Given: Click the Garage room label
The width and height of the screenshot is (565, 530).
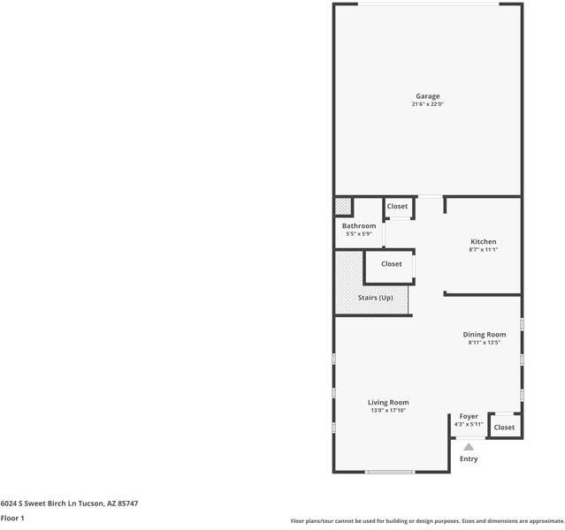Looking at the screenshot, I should click(x=428, y=96).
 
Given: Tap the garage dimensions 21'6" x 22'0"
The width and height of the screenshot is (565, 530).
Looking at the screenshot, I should click(x=428, y=104).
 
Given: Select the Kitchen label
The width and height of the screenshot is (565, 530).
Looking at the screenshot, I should click(x=483, y=241).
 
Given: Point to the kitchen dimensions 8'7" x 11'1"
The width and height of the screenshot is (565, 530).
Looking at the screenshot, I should click(x=483, y=250).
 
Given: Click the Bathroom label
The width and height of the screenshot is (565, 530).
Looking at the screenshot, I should click(x=359, y=226).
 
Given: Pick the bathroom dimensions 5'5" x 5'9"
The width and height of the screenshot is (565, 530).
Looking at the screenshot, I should click(x=359, y=234).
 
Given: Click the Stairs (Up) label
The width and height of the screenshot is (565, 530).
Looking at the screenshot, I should click(x=375, y=298).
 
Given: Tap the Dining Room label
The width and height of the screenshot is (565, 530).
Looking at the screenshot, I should click(x=485, y=334).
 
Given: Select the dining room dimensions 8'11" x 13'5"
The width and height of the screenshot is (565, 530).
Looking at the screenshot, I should click(x=485, y=343).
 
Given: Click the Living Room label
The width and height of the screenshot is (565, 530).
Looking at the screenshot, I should click(x=388, y=402).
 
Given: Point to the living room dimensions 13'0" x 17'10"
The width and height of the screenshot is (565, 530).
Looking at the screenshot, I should click(x=388, y=411).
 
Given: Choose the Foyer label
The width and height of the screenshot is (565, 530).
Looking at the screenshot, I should click(x=469, y=416).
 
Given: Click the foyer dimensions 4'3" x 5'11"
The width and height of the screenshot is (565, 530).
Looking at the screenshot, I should click(x=469, y=425).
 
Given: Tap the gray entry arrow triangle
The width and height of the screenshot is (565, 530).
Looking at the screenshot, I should click(x=469, y=447).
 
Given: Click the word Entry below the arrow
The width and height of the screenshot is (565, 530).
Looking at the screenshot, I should click(x=469, y=458).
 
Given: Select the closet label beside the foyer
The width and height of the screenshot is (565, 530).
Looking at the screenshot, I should click(x=504, y=428).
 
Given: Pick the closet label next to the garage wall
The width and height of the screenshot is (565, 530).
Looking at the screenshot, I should click(x=398, y=207).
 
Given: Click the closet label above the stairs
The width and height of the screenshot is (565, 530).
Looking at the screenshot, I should click(x=392, y=264).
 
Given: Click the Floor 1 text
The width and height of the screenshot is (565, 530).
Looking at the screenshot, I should click(x=12, y=519).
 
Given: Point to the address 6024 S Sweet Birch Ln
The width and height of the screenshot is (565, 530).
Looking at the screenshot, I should click(x=53, y=503).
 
